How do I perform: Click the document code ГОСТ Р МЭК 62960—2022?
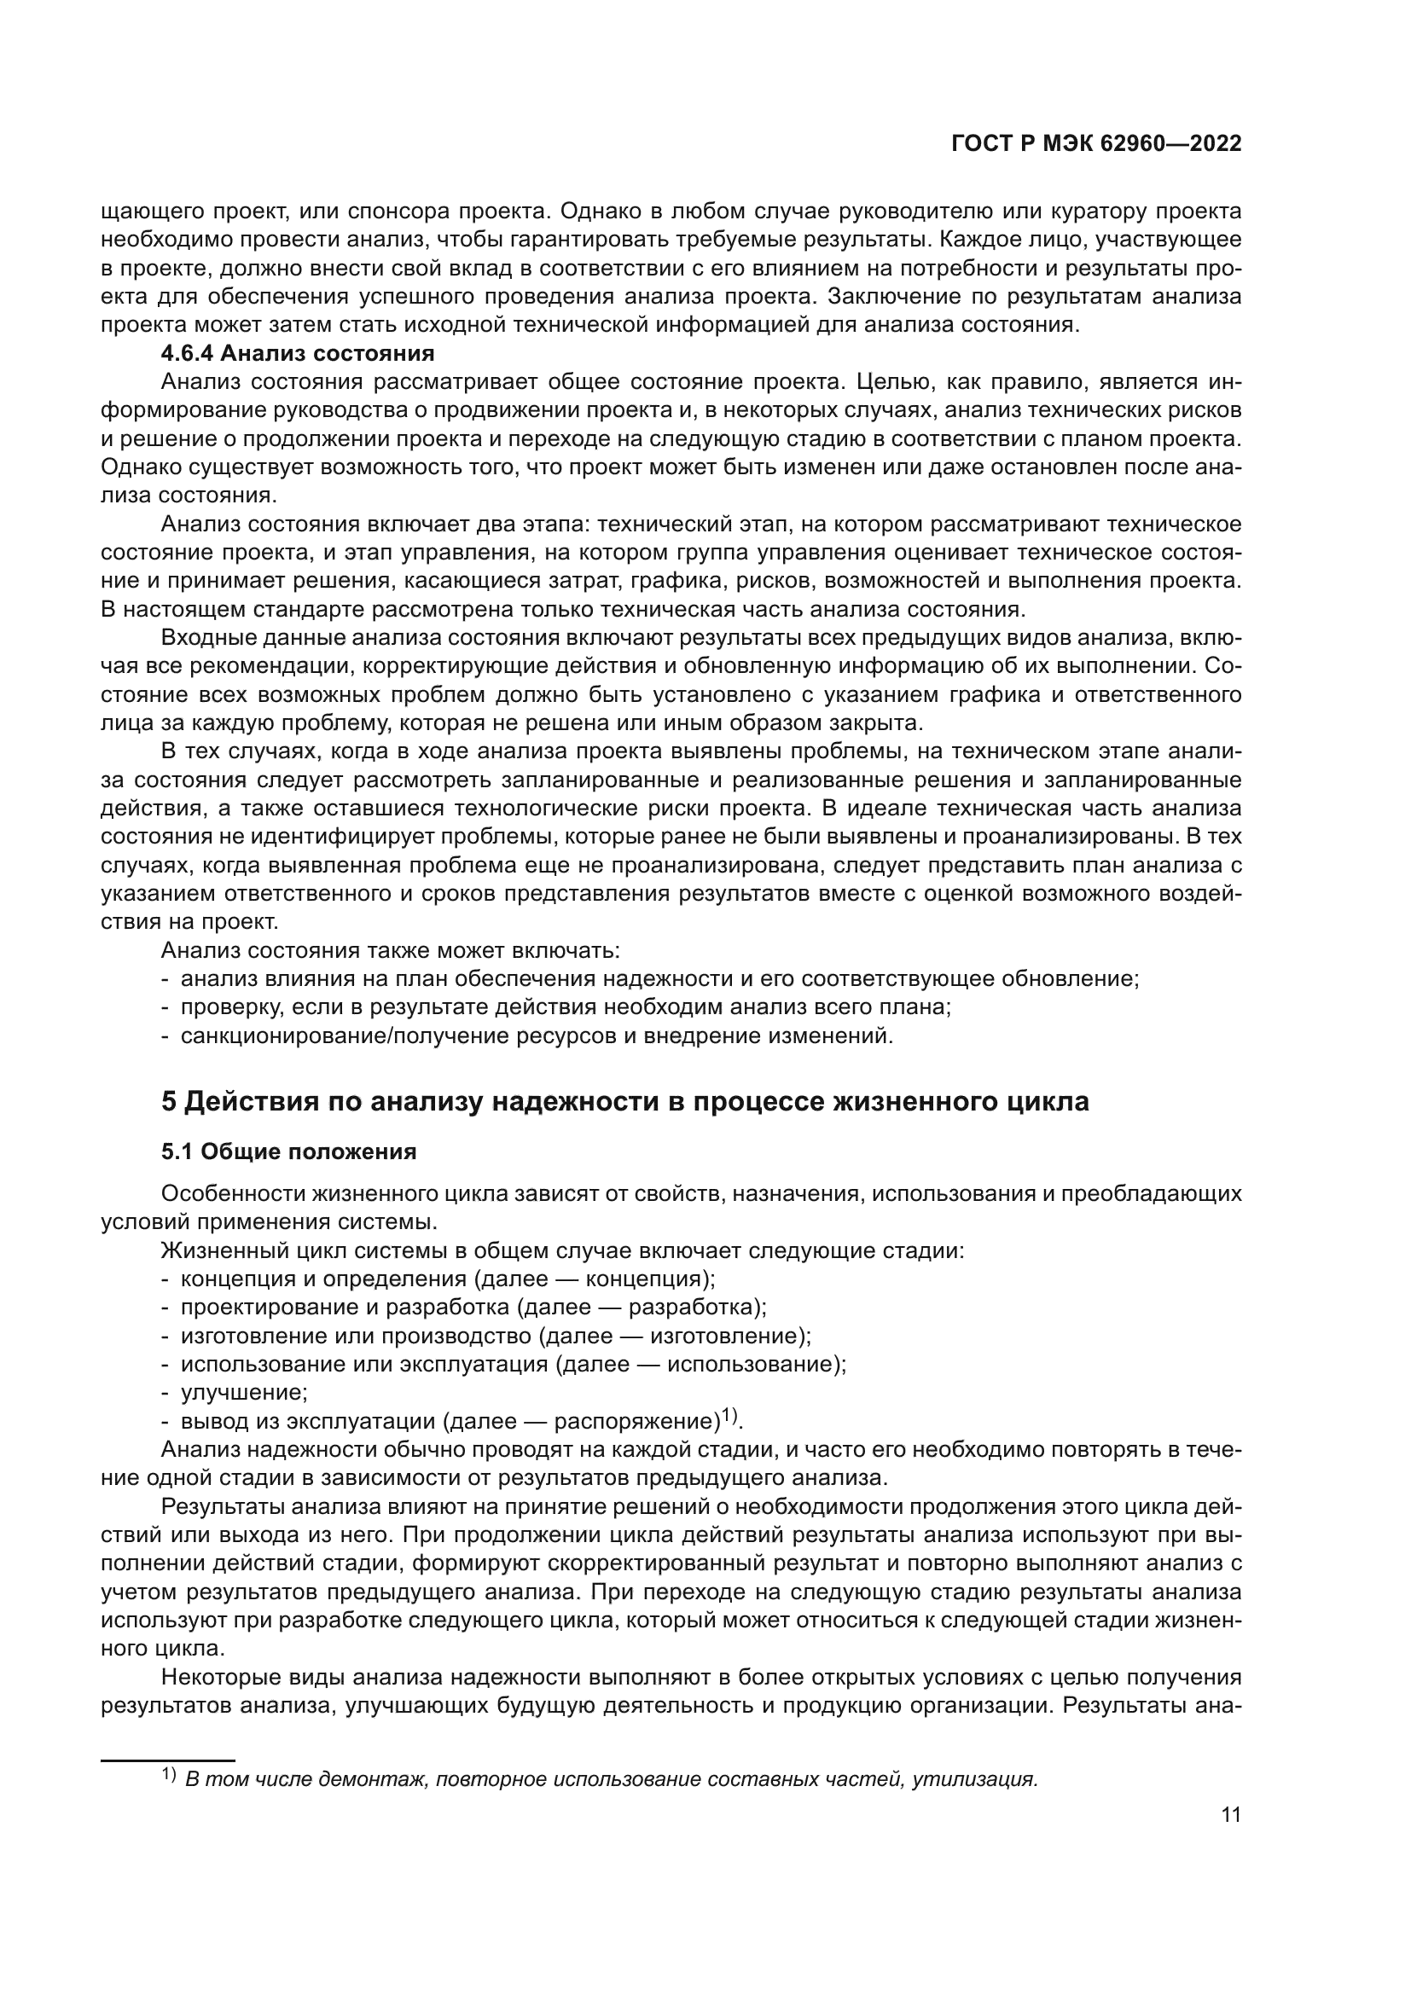[x=1095, y=144]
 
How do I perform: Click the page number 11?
[x=1230, y=1814]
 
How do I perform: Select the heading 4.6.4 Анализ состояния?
[x=297, y=354]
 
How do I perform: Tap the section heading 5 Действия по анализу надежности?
[x=624, y=1101]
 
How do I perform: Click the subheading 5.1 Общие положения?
[x=288, y=1151]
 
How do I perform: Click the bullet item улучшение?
[x=243, y=1392]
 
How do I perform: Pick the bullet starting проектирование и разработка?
[x=473, y=1307]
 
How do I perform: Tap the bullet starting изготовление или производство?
[x=496, y=1336]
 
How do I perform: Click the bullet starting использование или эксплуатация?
[x=513, y=1363]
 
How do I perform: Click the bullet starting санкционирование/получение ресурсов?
[x=536, y=1035]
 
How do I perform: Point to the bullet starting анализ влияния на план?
[x=659, y=978]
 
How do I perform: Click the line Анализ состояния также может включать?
[x=390, y=949]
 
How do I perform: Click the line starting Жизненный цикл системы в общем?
[x=563, y=1250]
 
